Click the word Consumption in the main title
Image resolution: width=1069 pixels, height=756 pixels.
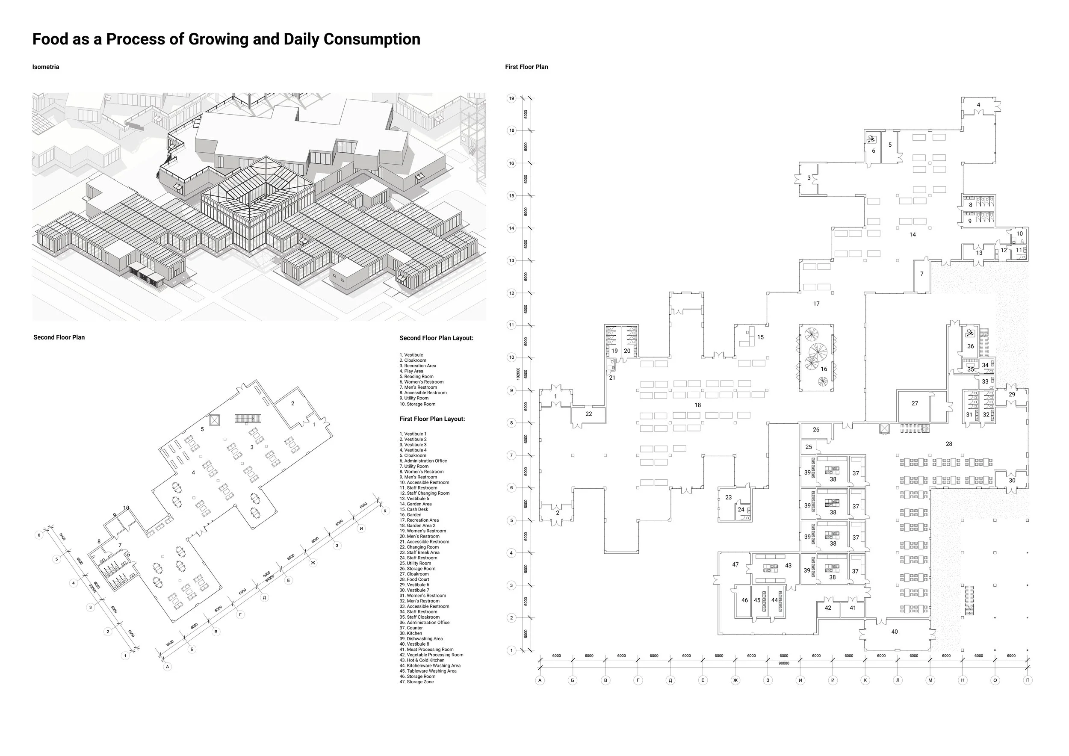372,39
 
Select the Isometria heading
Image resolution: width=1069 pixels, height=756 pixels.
46,67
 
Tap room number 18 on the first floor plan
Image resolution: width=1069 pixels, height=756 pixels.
697,405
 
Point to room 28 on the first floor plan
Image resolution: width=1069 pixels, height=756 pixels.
949,444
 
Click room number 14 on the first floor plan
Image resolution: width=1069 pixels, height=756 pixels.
912,235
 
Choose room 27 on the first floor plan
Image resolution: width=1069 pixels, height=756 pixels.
915,404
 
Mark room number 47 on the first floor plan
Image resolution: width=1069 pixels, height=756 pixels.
735,565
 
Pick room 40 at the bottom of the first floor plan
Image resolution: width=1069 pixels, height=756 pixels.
895,632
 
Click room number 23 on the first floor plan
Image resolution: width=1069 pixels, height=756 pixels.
729,498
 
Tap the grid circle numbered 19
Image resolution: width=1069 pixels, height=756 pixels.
512,98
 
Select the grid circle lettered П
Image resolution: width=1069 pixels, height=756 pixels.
1028,680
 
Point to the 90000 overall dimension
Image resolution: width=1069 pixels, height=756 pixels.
784,663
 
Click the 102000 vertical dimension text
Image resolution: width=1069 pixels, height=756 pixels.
518,373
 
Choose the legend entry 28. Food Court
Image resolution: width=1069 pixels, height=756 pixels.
414,579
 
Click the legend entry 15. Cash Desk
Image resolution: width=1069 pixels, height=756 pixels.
414,509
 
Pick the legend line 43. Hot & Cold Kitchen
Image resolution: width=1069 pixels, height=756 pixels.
422,660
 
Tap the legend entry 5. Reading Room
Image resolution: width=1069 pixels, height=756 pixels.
416,377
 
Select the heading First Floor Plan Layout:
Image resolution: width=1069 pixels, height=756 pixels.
432,419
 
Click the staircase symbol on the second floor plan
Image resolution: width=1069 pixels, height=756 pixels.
248,418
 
